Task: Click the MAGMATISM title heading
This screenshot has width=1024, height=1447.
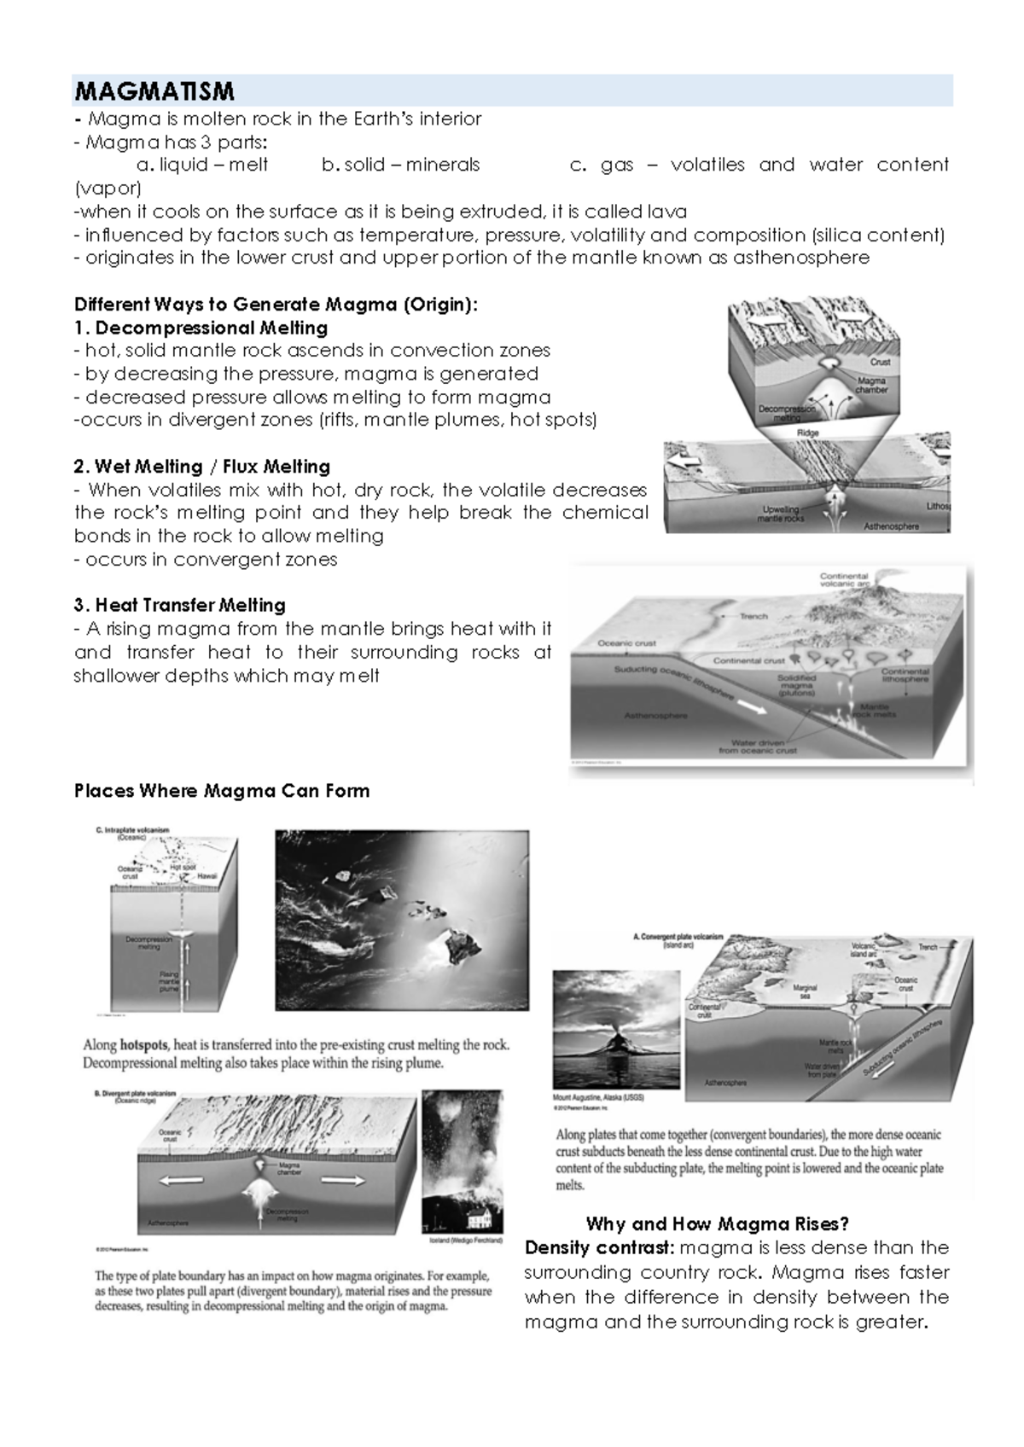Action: [154, 91]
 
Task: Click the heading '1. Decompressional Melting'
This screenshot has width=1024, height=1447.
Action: [201, 328]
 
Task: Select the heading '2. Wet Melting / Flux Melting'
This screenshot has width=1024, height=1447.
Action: [202, 467]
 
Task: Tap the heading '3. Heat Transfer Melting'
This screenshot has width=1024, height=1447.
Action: [180, 606]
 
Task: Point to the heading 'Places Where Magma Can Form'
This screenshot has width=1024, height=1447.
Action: [222, 791]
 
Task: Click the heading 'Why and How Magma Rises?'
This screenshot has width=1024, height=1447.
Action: [718, 1224]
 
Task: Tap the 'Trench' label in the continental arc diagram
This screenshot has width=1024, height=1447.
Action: [753, 616]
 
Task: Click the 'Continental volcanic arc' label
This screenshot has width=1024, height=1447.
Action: [844, 580]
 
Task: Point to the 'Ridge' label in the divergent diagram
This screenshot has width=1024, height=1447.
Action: [807, 433]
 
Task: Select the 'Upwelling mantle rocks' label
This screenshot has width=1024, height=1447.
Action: [781, 514]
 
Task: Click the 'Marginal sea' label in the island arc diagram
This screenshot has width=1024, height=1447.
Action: [805, 991]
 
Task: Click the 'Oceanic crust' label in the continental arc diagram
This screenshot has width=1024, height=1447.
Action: [626, 643]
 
